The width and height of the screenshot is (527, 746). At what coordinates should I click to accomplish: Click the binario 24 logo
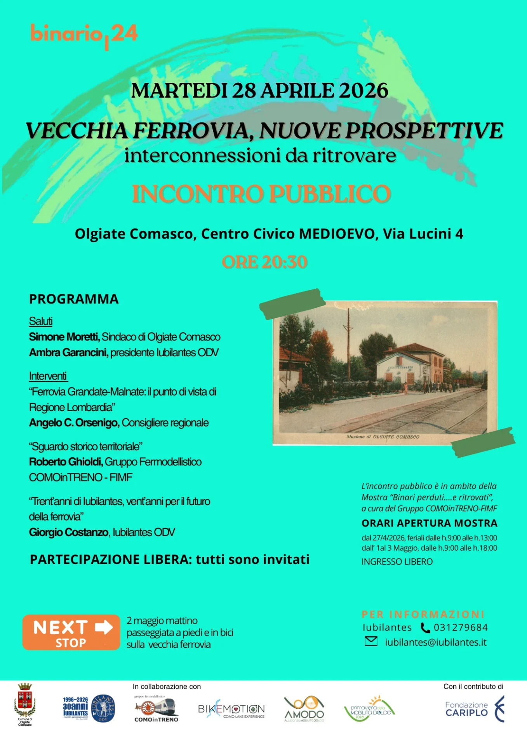coord(84,35)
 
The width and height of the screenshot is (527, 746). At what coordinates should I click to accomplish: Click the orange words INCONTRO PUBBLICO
coord(261,194)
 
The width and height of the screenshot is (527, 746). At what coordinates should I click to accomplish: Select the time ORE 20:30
coord(264,262)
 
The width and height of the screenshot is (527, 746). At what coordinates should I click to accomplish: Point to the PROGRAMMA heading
coord(74,299)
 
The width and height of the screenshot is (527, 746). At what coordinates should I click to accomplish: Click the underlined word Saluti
coord(41,321)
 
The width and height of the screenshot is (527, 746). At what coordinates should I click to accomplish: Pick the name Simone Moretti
coord(64,337)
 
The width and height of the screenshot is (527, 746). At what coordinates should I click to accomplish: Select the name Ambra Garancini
coord(68,352)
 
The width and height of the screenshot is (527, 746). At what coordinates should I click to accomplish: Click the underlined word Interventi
coord(48,376)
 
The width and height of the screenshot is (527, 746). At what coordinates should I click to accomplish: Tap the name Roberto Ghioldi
coord(66,462)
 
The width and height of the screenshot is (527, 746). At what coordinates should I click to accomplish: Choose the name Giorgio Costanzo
coord(69,532)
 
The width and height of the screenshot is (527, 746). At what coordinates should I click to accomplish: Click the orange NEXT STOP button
coord(71,633)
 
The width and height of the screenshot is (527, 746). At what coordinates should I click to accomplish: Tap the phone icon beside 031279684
coord(426,628)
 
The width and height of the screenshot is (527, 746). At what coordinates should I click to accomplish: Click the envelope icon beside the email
coord(371,641)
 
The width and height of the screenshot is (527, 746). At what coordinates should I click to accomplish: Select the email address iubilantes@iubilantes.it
coord(436,642)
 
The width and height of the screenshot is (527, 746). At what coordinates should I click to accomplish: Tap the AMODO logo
coord(304,709)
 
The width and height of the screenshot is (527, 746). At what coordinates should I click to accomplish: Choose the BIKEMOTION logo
coord(231,710)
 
